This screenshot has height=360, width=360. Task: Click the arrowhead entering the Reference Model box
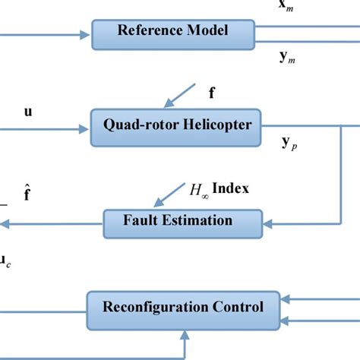(x=86, y=34)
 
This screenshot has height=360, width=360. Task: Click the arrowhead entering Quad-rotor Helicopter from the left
(x=86, y=128)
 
